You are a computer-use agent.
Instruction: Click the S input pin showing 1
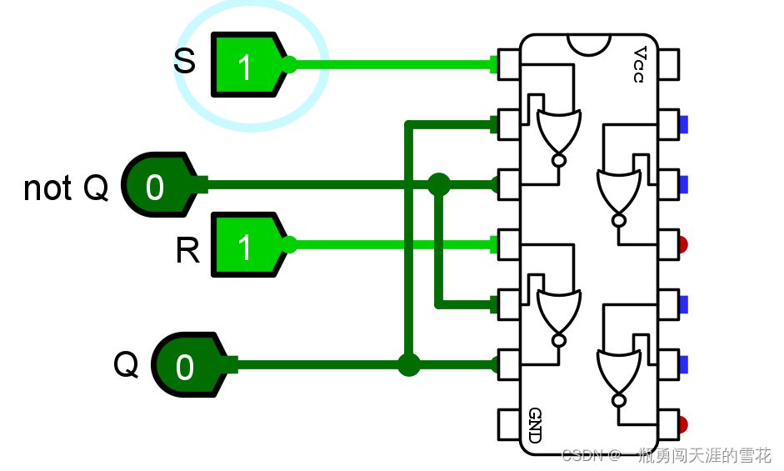(x=247, y=65)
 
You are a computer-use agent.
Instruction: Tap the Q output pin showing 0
(x=187, y=365)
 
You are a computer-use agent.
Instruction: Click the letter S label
(x=184, y=62)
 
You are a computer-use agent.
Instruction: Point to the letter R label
(x=187, y=250)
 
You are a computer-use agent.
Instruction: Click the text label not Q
(x=66, y=188)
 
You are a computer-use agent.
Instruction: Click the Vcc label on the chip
(x=638, y=65)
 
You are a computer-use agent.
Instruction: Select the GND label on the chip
(x=535, y=425)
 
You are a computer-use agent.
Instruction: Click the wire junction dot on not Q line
(x=439, y=184)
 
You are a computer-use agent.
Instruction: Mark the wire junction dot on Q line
(x=408, y=365)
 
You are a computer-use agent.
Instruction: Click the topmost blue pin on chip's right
(x=683, y=125)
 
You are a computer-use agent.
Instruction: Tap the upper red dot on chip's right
(x=682, y=245)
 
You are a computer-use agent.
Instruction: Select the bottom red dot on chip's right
(x=682, y=424)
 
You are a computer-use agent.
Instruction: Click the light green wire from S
(x=392, y=64)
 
